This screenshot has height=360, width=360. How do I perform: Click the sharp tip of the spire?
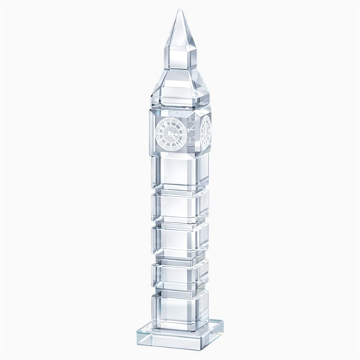tap(179, 10)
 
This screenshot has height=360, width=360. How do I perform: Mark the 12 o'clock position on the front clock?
tap(171, 119)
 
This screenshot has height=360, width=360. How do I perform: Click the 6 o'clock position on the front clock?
tap(171, 146)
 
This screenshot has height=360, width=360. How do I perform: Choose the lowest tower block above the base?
tap(180, 306)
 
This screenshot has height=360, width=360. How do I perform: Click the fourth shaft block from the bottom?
tap(180, 204)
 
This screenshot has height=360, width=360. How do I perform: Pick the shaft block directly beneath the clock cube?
tap(180, 170)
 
